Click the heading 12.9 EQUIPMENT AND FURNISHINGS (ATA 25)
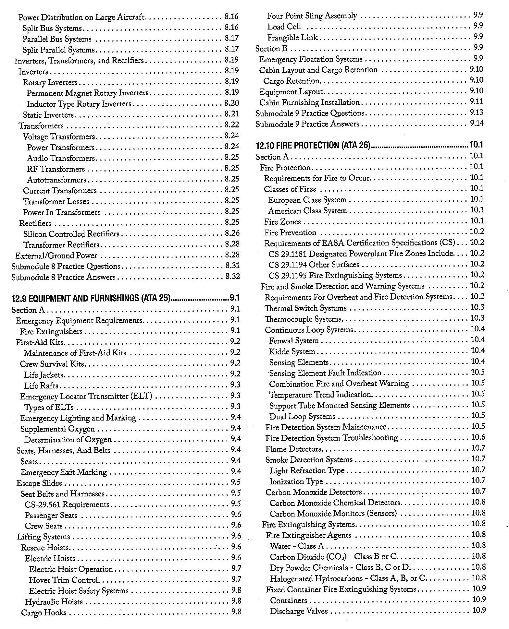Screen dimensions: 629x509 point(91,298)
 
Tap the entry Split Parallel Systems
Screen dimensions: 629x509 point(59,50)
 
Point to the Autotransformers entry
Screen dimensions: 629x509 point(56,180)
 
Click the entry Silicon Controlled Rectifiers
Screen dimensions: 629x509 point(71,234)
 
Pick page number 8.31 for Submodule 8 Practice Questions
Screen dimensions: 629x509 point(232,266)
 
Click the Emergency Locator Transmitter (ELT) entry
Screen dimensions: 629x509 point(86,397)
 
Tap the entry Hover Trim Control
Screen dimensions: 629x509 point(64,580)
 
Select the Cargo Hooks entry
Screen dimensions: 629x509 point(44,613)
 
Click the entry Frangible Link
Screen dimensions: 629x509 point(292,38)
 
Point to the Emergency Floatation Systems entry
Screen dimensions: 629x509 point(311,59)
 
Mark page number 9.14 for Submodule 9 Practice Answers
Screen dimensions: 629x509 point(477,124)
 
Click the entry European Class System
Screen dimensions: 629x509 point(307,200)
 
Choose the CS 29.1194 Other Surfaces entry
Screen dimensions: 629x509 point(314,265)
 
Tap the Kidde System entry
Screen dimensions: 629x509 point(292,352)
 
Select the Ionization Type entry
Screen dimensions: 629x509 point(296,482)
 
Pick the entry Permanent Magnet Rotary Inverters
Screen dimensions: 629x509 point(87,93)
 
